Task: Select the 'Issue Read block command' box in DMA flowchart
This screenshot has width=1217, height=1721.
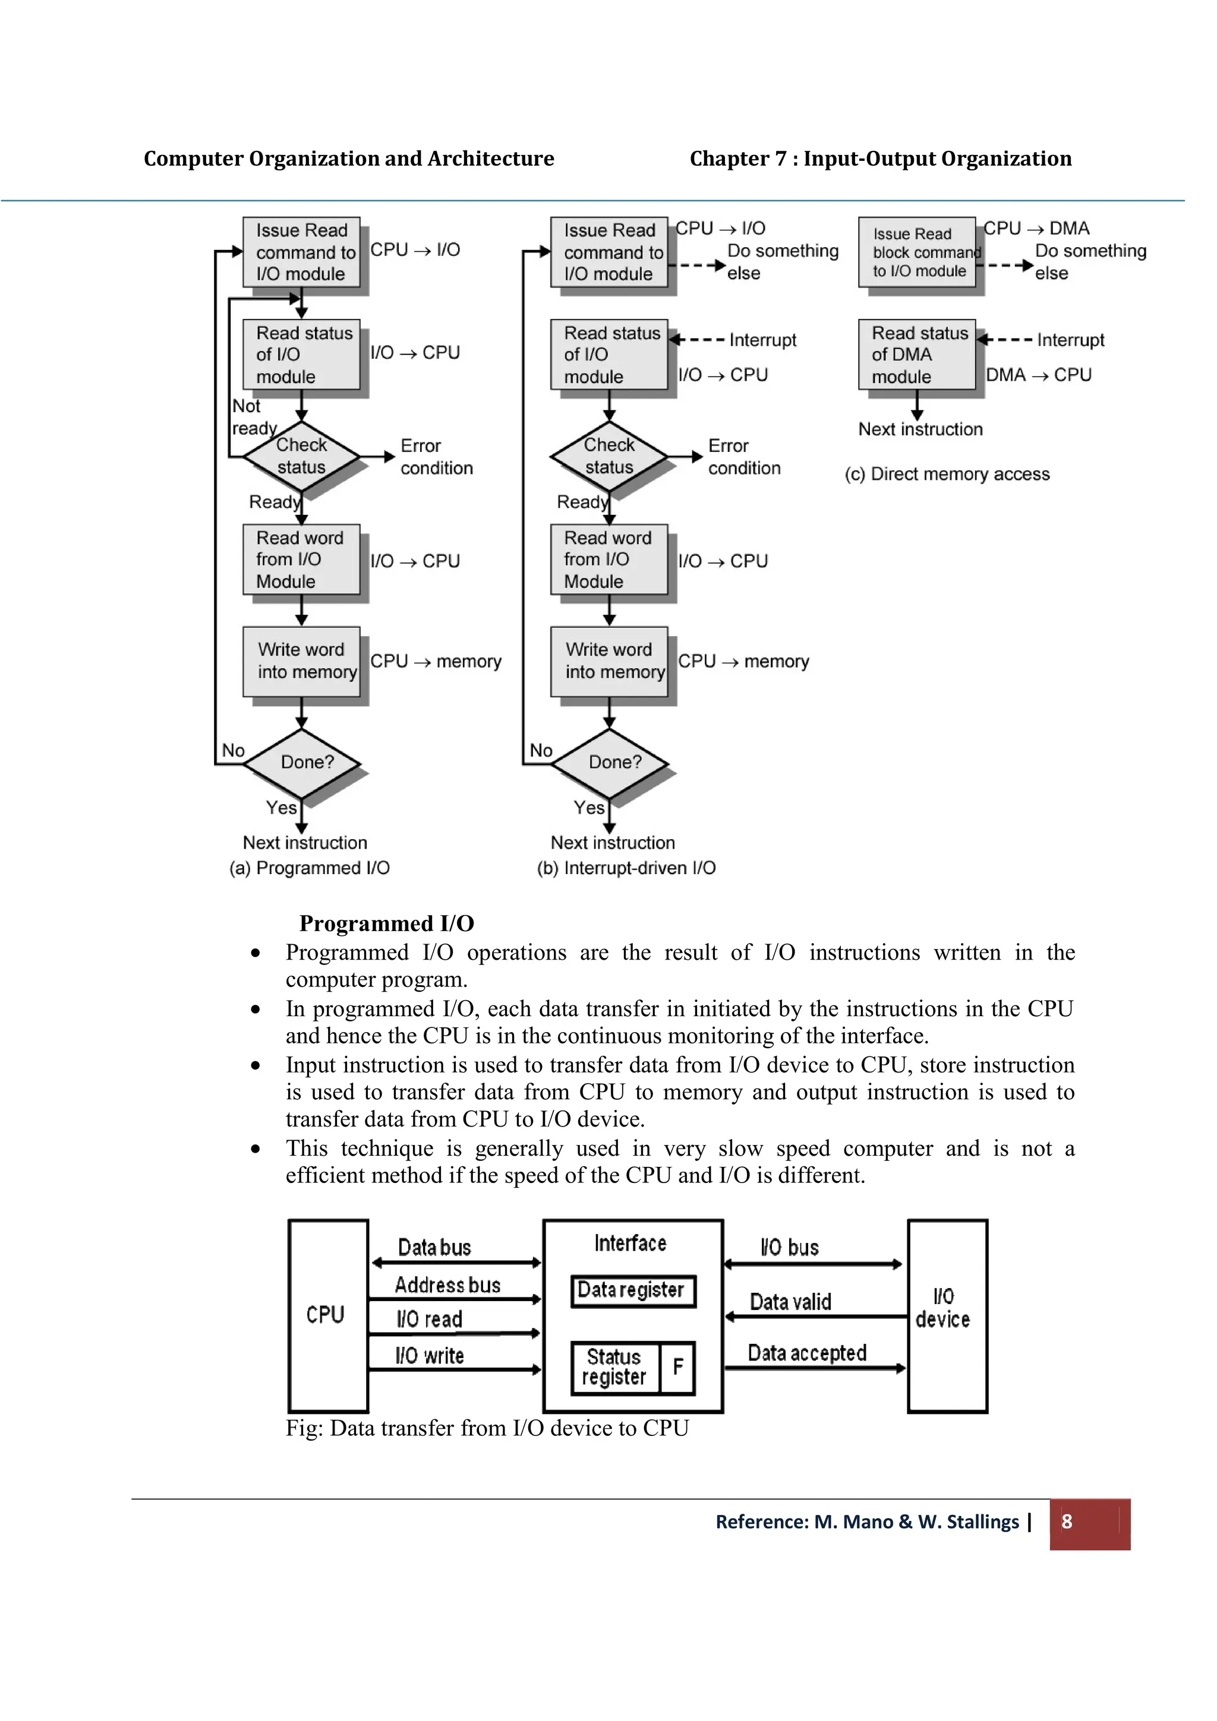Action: (917, 252)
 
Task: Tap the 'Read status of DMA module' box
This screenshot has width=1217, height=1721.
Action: (916, 355)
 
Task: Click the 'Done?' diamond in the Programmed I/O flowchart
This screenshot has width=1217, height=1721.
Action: (302, 763)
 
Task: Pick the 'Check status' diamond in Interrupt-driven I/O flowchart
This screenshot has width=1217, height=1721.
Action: (609, 455)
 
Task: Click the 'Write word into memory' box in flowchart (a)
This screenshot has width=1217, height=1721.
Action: (301, 661)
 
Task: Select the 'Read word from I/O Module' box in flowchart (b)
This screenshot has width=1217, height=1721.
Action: (609, 559)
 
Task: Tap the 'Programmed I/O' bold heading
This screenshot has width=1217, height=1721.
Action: (386, 923)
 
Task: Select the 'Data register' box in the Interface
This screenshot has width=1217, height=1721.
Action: (632, 1290)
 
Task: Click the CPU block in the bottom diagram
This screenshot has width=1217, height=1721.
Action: (327, 1315)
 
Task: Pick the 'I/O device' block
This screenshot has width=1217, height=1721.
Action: (945, 1315)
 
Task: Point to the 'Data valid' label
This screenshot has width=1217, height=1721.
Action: (790, 1302)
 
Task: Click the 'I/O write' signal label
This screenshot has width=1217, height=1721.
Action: (430, 1355)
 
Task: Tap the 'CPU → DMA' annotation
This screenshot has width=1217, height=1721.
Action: (1036, 229)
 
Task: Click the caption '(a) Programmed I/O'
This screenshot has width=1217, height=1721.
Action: (310, 868)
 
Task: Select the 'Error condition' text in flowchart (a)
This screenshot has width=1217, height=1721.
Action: (436, 457)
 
